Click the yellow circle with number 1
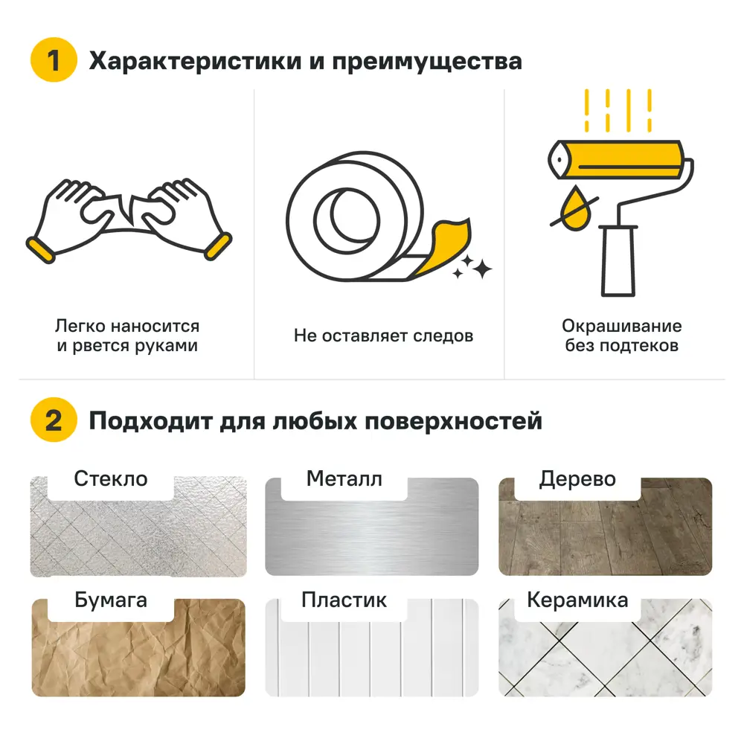[x=53, y=60]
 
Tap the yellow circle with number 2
[x=53, y=421]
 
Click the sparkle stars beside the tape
[x=473, y=266]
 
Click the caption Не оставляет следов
[x=383, y=336]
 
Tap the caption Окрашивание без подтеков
[x=621, y=336]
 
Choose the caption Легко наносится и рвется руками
[x=127, y=336]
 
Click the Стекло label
[x=111, y=479]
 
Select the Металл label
[x=344, y=479]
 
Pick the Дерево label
[x=577, y=479]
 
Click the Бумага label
[x=111, y=600]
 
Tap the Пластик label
[x=344, y=600]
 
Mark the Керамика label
[x=577, y=600]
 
